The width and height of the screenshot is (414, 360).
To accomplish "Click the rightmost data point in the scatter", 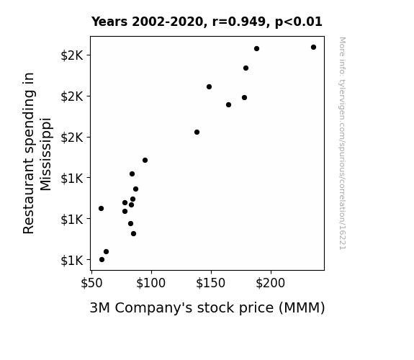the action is (x=313, y=48).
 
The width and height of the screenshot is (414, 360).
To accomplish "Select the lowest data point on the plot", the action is (x=102, y=260).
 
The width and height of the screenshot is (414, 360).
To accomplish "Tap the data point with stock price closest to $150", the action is (x=209, y=86).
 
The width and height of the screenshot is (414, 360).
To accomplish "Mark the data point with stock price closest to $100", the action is (x=145, y=160).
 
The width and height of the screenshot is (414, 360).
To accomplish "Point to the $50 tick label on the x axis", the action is (x=91, y=283).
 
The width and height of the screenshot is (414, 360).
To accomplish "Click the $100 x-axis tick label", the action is (x=150, y=283).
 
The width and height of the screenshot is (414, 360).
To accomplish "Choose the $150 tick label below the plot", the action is (x=210, y=283).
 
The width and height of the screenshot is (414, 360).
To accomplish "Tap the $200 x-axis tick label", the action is (x=271, y=283).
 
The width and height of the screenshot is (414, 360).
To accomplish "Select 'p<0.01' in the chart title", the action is (x=299, y=22).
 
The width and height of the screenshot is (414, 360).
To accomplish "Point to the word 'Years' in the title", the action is (x=109, y=22).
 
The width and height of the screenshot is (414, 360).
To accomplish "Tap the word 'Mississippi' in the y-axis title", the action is (x=45, y=154).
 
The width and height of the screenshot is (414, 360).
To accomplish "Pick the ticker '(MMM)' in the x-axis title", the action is (x=302, y=308).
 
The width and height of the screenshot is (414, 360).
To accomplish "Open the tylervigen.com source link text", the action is (x=342, y=143).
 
